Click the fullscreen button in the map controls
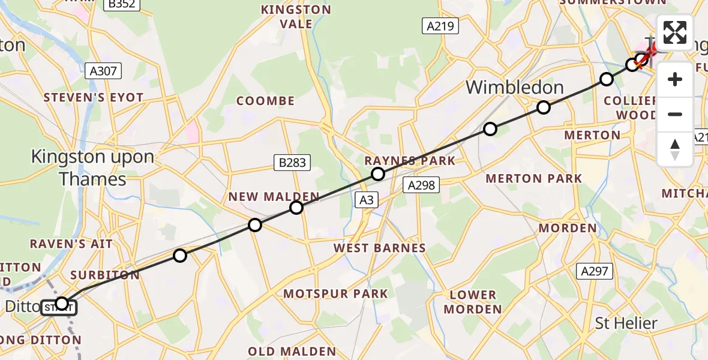(x=675, y=32)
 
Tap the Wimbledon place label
(x=514, y=88)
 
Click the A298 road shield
(x=421, y=185)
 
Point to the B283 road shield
(x=292, y=161)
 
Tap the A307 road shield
(x=103, y=71)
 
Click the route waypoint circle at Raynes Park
(x=377, y=174)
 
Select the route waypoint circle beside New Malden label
(x=296, y=208)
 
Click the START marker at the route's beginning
(x=59, y=308)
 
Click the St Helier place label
(x=626, y=323)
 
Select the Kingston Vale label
(x=295, y=17)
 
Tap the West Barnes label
(x=380, y=248)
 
